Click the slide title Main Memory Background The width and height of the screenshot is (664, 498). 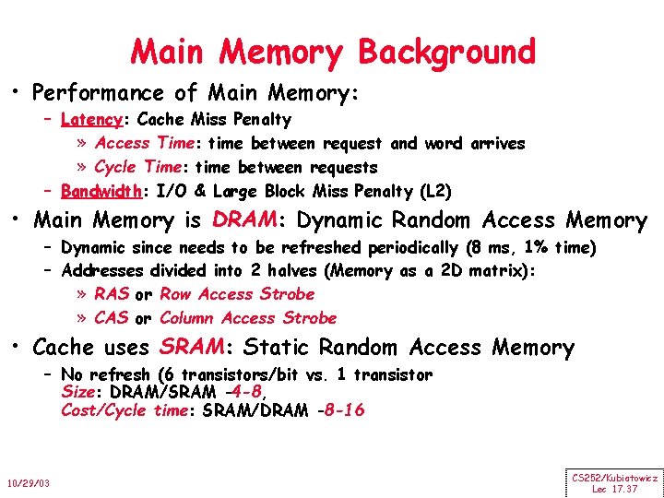pyautogui.click(x=332, y=52)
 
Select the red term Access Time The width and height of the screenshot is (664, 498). pyautogui.click(x=147, y=144)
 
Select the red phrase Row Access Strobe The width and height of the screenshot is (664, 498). pyautogui.click(x=237, y=294)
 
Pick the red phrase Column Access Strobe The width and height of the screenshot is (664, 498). pyautogui.click(x=248, y=318)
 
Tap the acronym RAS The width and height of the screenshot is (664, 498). pyautogui.click(x=112, y=294)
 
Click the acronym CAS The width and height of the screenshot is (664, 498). pyautogui.click(x=112, y=318)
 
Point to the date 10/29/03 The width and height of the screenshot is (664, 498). pyautogui.click(x=30, y=483)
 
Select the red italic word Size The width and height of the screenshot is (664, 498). pyautogui.click(x=77, y=392)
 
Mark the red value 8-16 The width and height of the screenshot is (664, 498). pyautogui.click(x=339, y=410)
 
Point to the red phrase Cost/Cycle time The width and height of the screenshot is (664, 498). pyautogui.click(x=124, y=410)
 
